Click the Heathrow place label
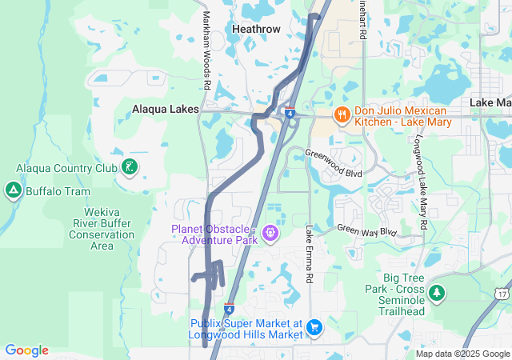[256, 28]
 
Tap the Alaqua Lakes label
[165, 109]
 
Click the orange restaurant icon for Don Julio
[342, 114]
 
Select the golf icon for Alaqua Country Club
[128, 167]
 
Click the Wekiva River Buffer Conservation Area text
[102, 223]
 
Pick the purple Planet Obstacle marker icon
[270, 233]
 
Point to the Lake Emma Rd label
[309, 253]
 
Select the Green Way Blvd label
[366, 230]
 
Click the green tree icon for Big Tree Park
[438, 294]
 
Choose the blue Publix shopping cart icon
[314, 326]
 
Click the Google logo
[26, 350]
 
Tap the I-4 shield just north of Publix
[230, 308]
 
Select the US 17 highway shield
[502, 294]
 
